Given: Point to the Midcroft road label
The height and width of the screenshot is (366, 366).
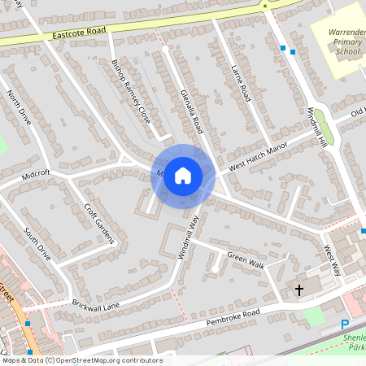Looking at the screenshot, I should pyautogui.click(x=36, y=173).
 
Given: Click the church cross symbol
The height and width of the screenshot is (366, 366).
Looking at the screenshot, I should pyautogui.click(x=298, y=290).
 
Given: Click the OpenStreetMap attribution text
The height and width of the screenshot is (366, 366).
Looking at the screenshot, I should pyautogui.click(x=81, y=360).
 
